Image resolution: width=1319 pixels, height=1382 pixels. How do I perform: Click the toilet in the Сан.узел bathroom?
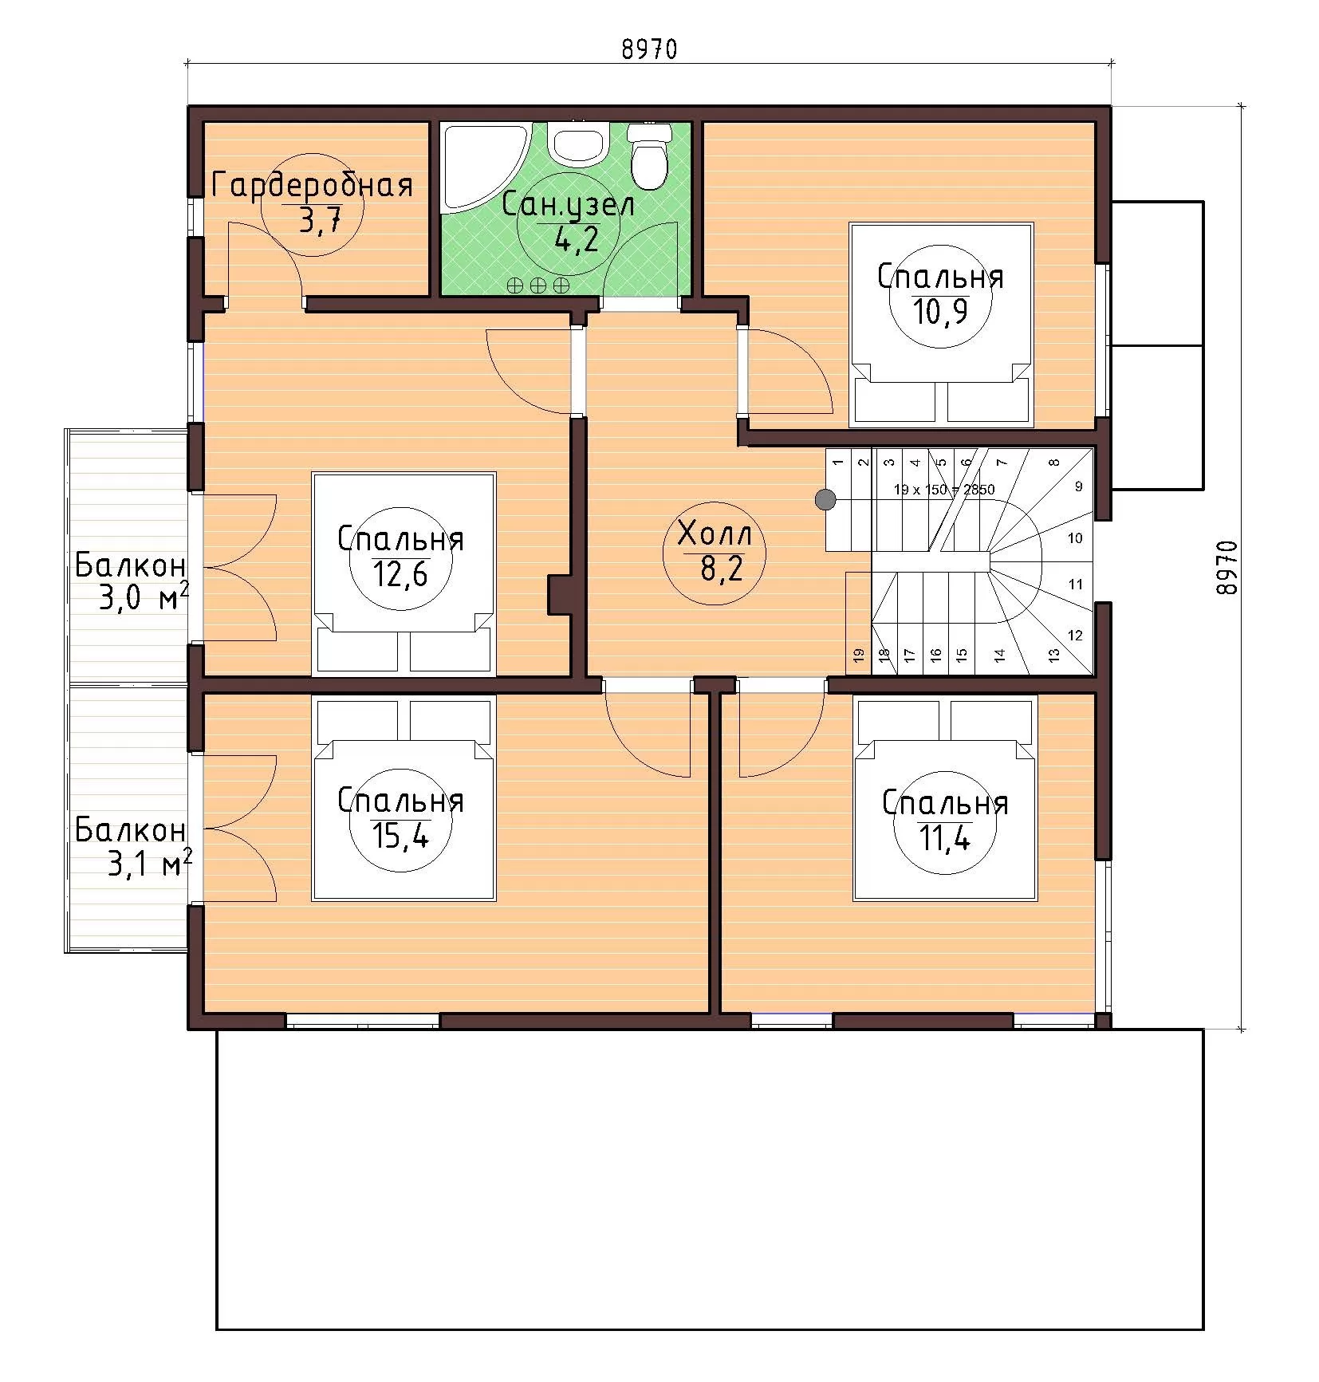point(648,156)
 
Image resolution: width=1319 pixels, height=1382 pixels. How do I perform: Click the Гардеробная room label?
point(312,185)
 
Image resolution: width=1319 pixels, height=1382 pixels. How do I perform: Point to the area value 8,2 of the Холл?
point(715,569)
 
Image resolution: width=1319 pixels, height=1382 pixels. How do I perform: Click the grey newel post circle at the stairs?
point(825,500)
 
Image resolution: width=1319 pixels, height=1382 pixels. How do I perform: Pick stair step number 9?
point(1079,486)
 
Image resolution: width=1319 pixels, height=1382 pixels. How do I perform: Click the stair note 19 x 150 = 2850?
point(944,490)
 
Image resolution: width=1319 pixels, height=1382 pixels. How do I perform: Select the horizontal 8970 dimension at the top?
point(649,49)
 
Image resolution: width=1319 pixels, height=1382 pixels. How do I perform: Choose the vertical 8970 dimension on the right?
point(1226,567)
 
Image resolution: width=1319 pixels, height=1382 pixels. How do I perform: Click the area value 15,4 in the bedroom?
point(401,835)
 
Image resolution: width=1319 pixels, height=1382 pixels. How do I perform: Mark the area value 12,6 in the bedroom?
point(400,573)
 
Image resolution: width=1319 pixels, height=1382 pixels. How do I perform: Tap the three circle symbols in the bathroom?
point(539,285)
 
